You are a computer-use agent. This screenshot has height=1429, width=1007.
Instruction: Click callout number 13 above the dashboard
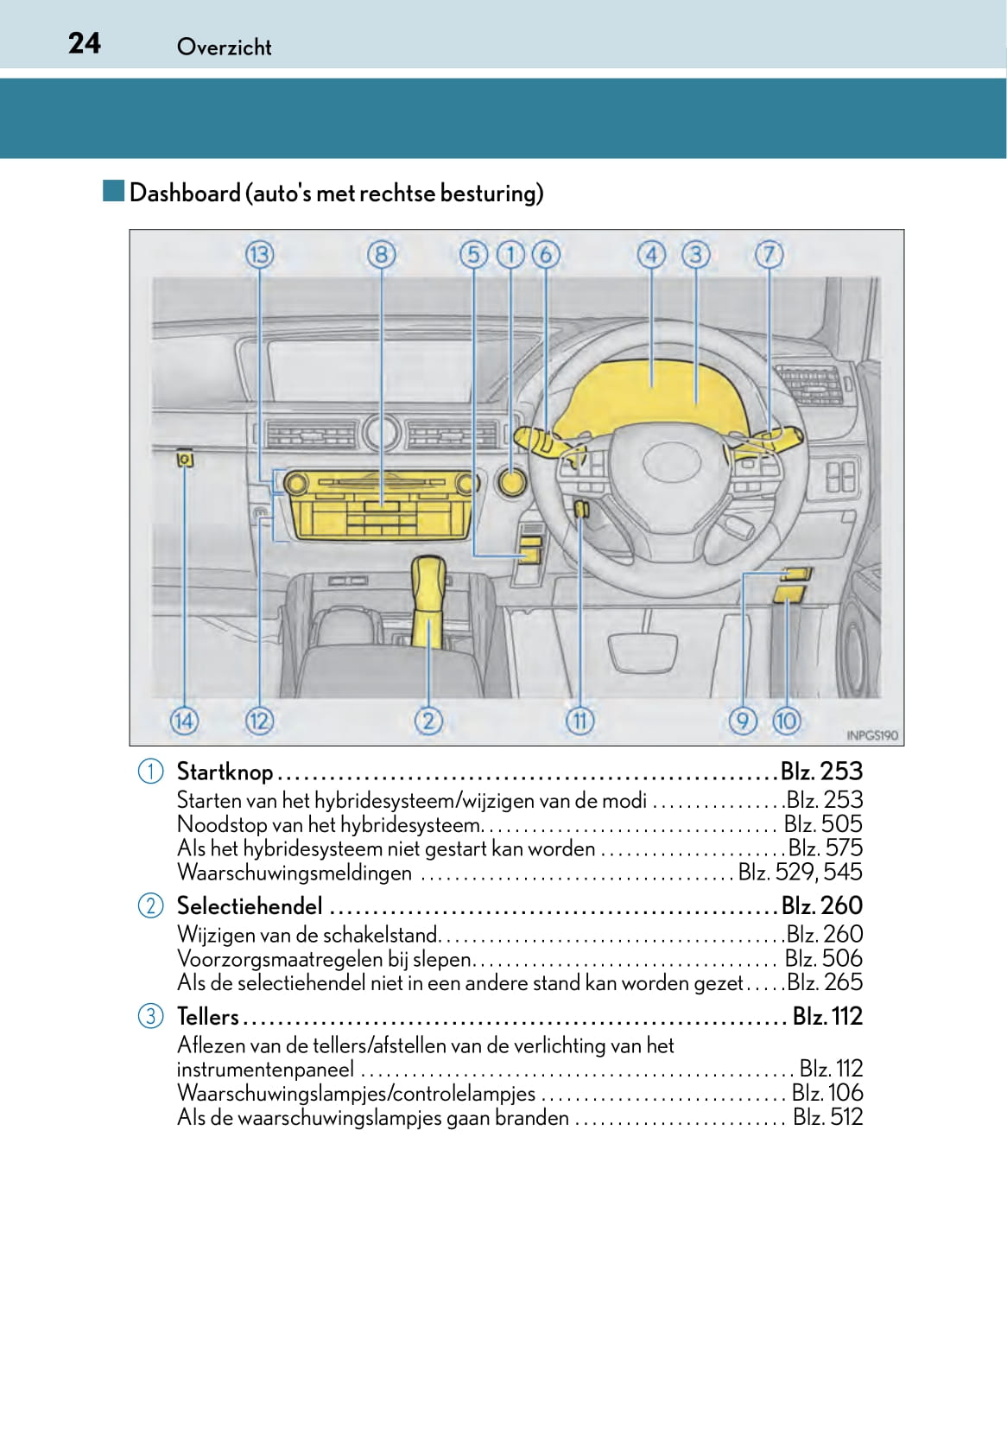pos(259,255)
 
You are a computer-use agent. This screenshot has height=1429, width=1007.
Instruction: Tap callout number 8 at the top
pos(381,255)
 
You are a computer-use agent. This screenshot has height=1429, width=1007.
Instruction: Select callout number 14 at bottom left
pos(184,721)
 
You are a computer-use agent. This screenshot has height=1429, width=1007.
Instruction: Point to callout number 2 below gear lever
pos(428,721)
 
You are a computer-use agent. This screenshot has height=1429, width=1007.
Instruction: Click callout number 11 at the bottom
pos(579,721)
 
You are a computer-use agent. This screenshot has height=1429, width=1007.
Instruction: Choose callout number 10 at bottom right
pos(786,721)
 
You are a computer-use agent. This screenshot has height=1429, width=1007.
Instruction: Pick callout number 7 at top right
pos(769,255)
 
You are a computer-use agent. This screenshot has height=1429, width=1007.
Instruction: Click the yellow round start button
pos(511,481)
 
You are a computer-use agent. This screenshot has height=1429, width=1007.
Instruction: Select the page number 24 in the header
pos(85,43)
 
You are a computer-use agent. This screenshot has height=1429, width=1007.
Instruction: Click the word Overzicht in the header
pos(224,47)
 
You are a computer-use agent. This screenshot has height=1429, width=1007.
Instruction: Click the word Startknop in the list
pos(225,772)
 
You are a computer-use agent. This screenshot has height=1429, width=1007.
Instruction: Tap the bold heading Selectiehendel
pos(250,905)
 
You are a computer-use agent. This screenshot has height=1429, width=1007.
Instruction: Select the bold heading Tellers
pos(207,1016)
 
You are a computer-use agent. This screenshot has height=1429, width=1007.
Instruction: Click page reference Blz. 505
pos(823,824)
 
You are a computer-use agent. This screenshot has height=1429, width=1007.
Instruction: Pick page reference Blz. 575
pos(825,848)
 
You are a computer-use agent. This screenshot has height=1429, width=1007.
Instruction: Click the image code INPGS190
pos(871,735)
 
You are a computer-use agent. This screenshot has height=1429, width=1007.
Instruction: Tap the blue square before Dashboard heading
pos(113,191)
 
